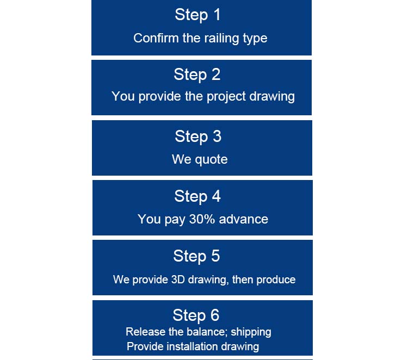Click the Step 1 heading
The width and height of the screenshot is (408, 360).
tap(198, 15)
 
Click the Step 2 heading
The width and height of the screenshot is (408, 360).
tap(197, 75)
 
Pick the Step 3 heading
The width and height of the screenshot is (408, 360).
tap(198, 136)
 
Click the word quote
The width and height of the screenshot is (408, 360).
tap(211, 160)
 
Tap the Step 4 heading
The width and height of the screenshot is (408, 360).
tap(197, 196)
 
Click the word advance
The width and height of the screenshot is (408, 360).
tap(244, 219)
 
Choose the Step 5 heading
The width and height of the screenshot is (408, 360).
tap(197, 257)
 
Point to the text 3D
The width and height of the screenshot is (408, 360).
tap(178, 280)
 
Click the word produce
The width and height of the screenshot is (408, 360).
tap(276, 280)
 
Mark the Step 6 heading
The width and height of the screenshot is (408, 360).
tap(196, 315)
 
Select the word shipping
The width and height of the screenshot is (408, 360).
tap(251, 332)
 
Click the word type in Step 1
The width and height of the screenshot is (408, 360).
tap(255, 39)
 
